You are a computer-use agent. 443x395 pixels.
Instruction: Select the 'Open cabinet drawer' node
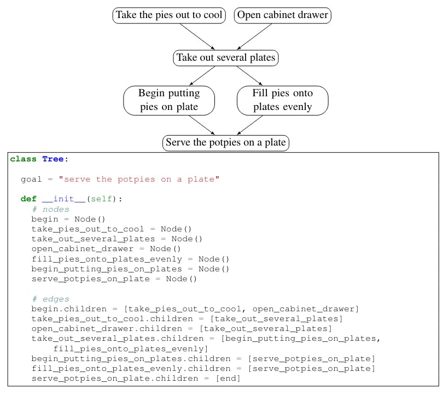click(283, 15)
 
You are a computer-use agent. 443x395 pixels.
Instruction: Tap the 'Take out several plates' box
click(226, 58)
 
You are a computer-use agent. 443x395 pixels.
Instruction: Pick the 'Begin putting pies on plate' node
click(169, 100)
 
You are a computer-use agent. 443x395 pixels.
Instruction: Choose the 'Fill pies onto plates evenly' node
click(282, 100)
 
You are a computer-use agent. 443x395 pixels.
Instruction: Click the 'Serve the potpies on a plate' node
click(226, 143)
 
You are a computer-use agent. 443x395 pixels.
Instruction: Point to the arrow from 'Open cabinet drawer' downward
click(255, 37)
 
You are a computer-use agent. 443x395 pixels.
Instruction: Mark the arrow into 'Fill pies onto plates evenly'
click(254, 75)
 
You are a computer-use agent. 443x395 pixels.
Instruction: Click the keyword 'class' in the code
click(23, 159)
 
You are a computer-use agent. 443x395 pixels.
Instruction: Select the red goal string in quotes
click(139, 179)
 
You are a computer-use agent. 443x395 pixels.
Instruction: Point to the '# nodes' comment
click(50, 209)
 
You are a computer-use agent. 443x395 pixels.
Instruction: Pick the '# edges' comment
click(50, 299)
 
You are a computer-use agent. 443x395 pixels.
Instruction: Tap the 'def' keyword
click(28, 199)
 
